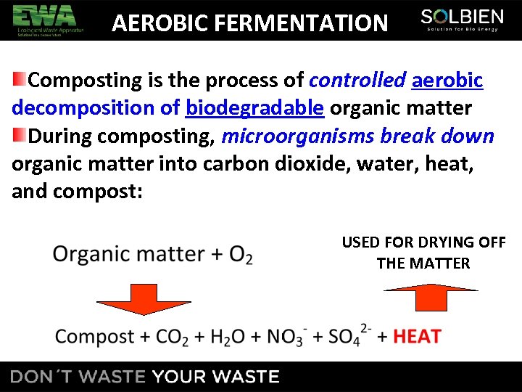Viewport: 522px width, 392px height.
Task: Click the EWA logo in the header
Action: [x=48, y=20]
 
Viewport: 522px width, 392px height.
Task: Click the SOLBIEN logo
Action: [x=461, y=20]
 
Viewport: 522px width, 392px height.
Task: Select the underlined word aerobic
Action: [x=447, y=81]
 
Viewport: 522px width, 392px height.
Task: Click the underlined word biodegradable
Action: [x=254, y=108]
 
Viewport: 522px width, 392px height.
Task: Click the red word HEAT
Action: [x=417, y=336]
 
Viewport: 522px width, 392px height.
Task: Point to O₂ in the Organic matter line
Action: [x=241, y=255]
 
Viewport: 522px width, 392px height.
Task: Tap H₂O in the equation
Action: [x=227, y=337]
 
